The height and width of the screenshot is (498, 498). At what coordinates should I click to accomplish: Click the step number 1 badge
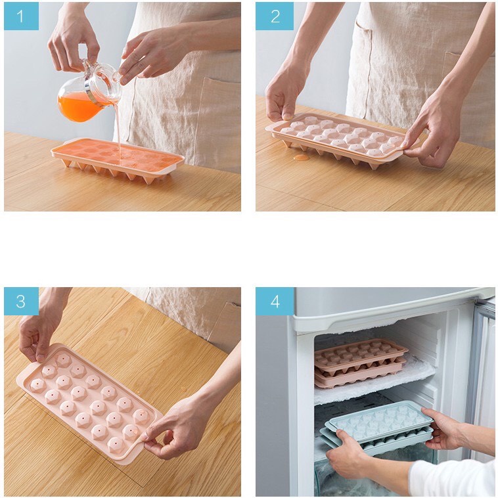click(x=21, y=16)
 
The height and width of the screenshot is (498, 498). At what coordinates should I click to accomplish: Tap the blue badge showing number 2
click(x=275, y=16)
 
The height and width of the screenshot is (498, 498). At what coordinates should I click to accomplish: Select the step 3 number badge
click(x=21, y=301)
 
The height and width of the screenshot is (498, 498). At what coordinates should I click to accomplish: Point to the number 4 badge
click(x=275, y=301)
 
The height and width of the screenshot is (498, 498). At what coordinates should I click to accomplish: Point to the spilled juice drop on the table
click(x=300, y=157)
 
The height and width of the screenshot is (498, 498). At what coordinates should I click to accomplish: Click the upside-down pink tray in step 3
click(x=89, y=401)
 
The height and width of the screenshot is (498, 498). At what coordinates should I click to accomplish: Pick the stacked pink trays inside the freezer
click(x=360, y=364)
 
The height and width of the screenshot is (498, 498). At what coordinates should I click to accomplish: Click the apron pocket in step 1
click(x=220, y=118)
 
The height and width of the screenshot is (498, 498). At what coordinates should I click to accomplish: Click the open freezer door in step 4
click(x=482, y=368)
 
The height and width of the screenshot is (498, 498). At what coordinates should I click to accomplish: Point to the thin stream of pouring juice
click(x=118, y=128)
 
